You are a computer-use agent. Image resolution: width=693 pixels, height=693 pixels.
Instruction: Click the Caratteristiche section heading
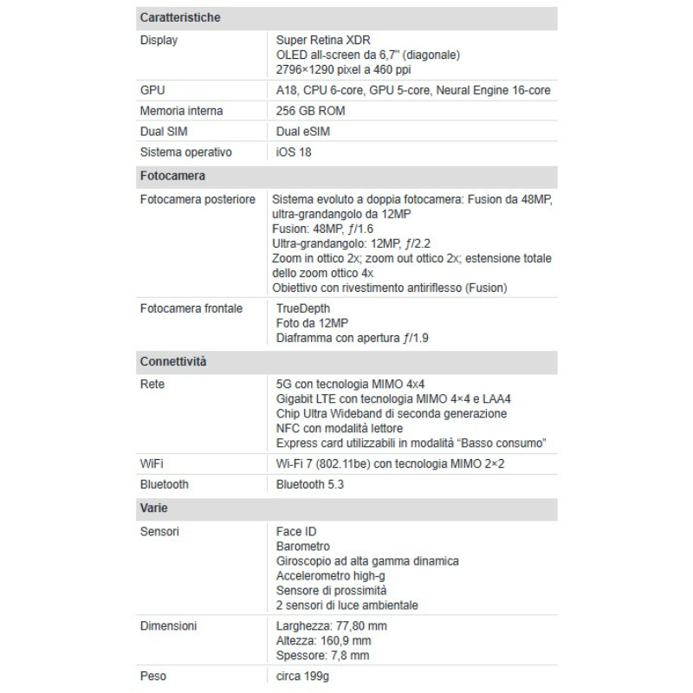180,17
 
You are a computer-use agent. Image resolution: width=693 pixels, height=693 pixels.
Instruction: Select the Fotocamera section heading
172,176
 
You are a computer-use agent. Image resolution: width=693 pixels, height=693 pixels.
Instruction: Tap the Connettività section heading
173,360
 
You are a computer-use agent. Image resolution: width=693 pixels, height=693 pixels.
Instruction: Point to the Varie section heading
153,506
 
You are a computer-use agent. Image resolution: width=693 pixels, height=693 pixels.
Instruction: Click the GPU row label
152,90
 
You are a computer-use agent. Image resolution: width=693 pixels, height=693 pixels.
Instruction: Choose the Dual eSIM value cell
303,132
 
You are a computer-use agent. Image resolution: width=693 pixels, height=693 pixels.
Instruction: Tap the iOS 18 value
294,152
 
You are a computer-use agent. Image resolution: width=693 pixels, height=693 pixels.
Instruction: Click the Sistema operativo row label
186,152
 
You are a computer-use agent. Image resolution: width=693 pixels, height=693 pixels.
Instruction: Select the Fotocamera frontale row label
191,308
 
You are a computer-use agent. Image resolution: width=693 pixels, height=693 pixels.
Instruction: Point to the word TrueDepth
303,308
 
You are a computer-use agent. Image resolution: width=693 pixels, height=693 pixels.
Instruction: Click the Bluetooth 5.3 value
310,484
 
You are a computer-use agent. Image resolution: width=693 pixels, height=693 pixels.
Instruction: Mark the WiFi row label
152,464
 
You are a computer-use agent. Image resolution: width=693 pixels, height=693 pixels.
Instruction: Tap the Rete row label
152,383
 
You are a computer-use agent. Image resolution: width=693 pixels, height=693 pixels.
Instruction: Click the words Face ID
297,531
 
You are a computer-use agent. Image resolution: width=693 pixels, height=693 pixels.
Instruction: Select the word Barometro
303,547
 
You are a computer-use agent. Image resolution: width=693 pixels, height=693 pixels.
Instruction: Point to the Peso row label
153,675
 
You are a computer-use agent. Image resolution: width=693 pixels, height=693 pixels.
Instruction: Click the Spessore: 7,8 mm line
323,656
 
